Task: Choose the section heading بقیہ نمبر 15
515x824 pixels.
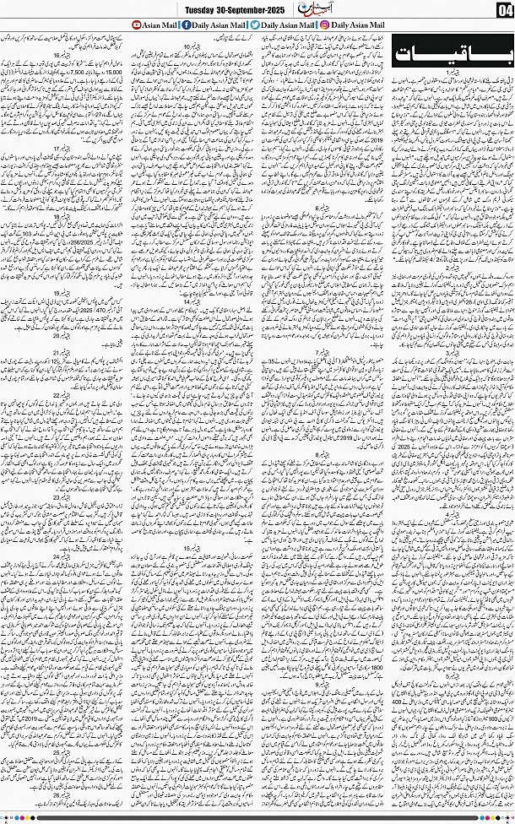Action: pos(191,549)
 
